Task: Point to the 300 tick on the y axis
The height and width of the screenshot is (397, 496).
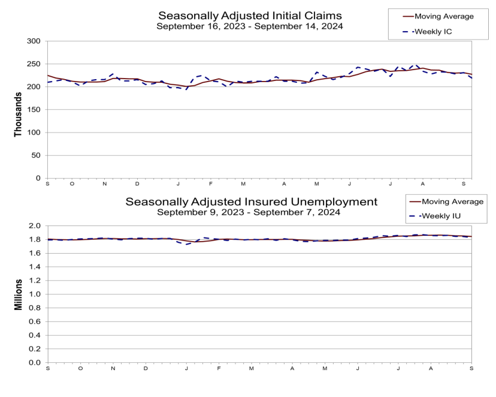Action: (34, 41)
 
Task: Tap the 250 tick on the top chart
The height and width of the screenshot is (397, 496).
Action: (34, 64)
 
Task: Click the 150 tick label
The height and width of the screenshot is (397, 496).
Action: (34, 110)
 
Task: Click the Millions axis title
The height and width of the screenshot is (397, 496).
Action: (18, 294)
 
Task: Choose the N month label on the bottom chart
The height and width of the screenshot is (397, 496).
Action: (113, 368)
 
